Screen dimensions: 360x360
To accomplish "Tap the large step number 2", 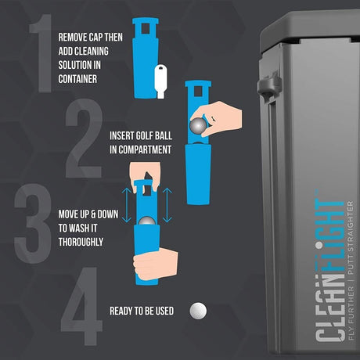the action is pyautogui.click(x=84, y=139).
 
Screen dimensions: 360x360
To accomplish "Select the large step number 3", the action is pyautogui.click(x=33, y=224).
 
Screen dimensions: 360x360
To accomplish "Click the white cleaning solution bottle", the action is pyautogui.click(x=160, y=81).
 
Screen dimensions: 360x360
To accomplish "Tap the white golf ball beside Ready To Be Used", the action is pyautogui.click(x=198, y=311).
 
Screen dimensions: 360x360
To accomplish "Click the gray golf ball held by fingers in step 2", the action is pyautogui.click(x=198, y=126).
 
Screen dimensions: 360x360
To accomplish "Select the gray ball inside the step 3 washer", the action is pyautogui.click(x=146, y=221).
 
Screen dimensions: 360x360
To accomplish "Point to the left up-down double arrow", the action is pyautogui.click(x=127, y=205).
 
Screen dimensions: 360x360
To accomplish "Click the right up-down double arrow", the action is pyautogui.click(x=167, y=205).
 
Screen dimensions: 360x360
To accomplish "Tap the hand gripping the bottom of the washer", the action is pyautogui.click(x=156, y=264).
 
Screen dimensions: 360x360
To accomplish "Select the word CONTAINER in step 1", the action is pyautogui.click(x=77, y=79).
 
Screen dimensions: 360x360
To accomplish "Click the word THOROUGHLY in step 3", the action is pyautogui.click(x=81, y=242).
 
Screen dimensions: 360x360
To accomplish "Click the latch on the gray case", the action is pyautogui.click(x=269, y=85).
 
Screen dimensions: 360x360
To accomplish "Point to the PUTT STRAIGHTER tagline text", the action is pyautogui.click(x=351, y=237).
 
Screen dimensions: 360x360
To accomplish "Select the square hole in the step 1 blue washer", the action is pyautogui.click(x=146, y=28).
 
